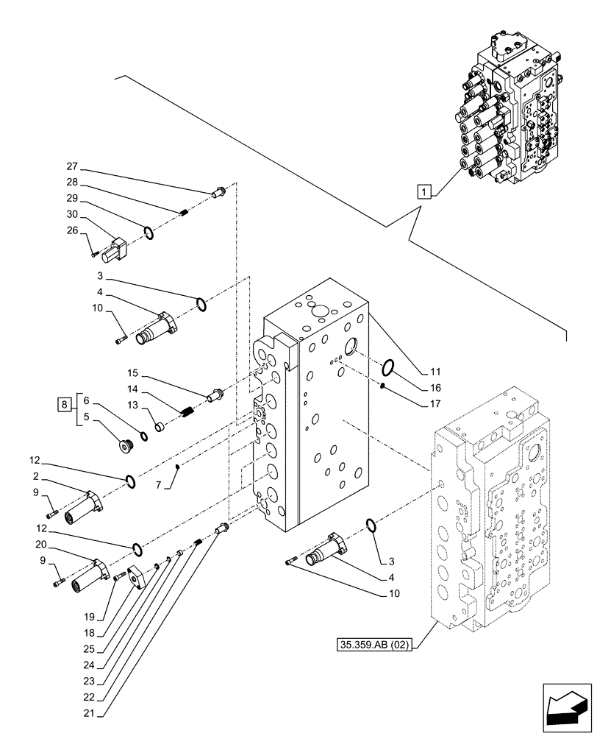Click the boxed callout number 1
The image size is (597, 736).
pos(423,192)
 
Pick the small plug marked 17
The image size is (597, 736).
pos(384,386)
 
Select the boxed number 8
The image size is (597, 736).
pos(64,403)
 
